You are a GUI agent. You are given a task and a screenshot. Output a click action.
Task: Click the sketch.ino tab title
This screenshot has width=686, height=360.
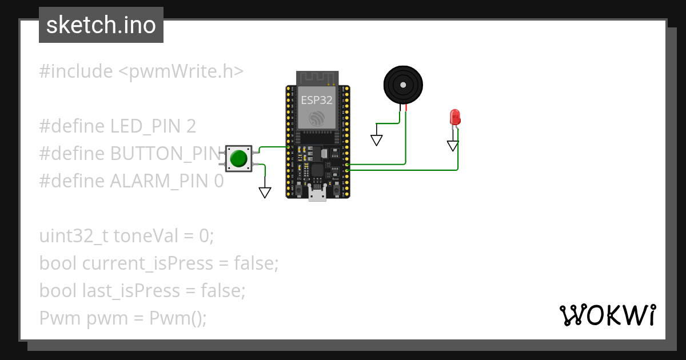(101, 25)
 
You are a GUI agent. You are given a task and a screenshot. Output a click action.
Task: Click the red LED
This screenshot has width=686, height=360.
(456, 117)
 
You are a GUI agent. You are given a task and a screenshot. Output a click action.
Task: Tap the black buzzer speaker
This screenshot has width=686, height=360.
(404, 85)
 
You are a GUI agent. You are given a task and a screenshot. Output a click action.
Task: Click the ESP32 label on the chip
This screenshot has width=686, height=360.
(317, 100)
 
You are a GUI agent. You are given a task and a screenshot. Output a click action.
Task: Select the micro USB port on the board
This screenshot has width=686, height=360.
(317, 194)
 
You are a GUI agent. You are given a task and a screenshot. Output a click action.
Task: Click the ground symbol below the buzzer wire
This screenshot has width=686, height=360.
(377, 139)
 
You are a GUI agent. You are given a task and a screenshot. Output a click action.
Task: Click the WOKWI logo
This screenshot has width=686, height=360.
(607, 315)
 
